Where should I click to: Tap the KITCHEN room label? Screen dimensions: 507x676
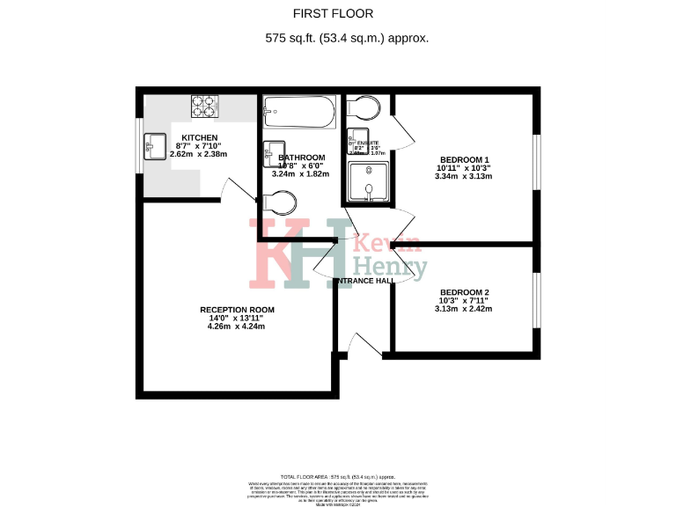tap(199, 137)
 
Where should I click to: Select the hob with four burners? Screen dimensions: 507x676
tap(205, 106)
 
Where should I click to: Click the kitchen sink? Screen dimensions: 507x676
tap(156, 145)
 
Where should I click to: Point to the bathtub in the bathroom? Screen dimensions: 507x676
tap(299, 112)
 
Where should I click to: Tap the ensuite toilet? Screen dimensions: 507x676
tap(364, 108)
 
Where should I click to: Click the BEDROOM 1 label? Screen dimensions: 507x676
tap(464, 160)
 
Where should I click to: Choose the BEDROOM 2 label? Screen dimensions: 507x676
tap(464, 292)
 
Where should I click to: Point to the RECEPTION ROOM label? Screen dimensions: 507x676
tap(237, 310)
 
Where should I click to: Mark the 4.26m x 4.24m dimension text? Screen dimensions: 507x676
tap(237, 327)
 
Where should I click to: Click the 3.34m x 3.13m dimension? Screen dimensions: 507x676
tap(463, 176)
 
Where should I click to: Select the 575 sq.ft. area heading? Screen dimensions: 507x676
tap(346, 39)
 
